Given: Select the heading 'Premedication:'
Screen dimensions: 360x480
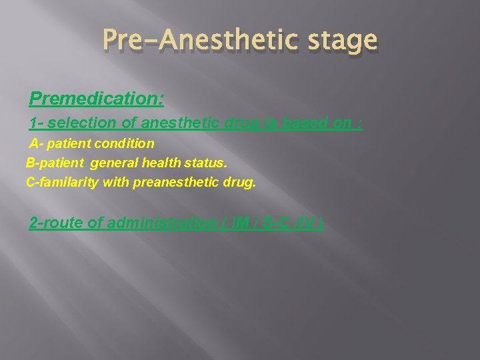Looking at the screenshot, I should pos(97,99).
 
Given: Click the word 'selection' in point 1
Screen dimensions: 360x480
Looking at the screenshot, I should pos(77,123).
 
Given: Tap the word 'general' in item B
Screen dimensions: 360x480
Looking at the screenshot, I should pos(115,163).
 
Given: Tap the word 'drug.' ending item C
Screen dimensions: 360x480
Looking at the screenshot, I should pos(241,182).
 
